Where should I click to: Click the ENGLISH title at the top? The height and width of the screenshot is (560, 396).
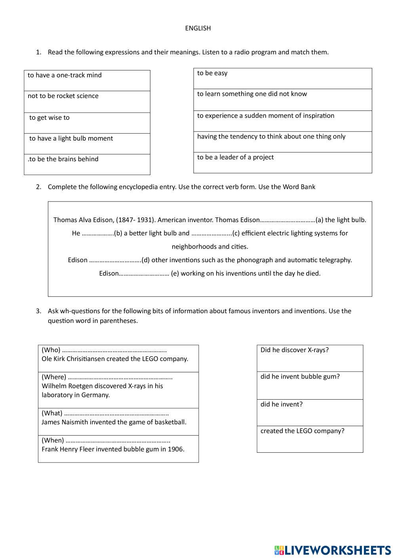point(198,28)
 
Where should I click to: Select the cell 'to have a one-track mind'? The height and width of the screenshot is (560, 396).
point(87,80)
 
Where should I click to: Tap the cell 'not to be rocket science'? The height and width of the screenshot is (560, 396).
point(87,102)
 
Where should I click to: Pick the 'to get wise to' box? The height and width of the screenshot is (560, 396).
point(87,123)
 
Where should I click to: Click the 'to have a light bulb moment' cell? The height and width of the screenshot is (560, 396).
point(87,143)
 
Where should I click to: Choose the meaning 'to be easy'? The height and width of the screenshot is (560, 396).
point(282,78)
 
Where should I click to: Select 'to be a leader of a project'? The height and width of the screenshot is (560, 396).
point(282,162)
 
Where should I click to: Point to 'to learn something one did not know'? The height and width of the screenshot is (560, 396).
point(282,99)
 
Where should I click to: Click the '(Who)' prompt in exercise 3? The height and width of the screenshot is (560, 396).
point(51,350)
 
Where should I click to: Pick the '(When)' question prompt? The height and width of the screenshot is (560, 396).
point(53,440)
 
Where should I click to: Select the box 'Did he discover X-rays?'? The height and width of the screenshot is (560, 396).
point(310,358)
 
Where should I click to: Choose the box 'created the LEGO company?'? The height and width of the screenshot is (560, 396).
point(310,439)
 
